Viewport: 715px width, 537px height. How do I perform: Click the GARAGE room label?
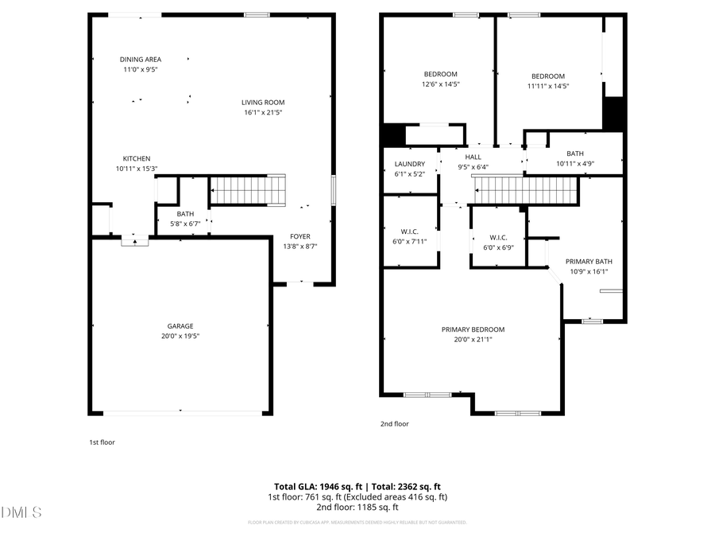(x=180, y=325)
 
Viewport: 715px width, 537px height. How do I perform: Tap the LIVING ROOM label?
(x=263, y=102)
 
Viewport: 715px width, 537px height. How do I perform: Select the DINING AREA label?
(x=141, y=59)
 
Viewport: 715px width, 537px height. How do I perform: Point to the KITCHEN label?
(x=136, y=158)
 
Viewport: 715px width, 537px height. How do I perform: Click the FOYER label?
(x=300, y=236)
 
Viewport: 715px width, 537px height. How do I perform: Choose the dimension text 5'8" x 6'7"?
(x=185, y=224)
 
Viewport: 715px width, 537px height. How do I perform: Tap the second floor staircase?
(x=524, y=191)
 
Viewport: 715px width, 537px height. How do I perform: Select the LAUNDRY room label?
(x=410, y=164)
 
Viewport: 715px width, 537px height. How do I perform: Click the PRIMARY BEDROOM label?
(x=473, y=329)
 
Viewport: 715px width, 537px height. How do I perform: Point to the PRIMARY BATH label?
(x=589, y=261)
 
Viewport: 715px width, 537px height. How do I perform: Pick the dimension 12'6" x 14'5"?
(x=440, y=84)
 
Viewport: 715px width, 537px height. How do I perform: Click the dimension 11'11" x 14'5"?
(x=548, y=86)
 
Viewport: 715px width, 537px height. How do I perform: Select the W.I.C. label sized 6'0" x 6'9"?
(x=499, y=237)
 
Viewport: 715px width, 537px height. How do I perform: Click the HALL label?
(x=473, y=157)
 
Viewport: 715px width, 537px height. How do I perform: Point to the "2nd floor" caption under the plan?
(x=394, y=424)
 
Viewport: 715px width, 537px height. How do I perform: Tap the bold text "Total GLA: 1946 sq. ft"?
(x=315, y=486)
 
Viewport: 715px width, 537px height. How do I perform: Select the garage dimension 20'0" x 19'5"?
(x=180, y=336)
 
